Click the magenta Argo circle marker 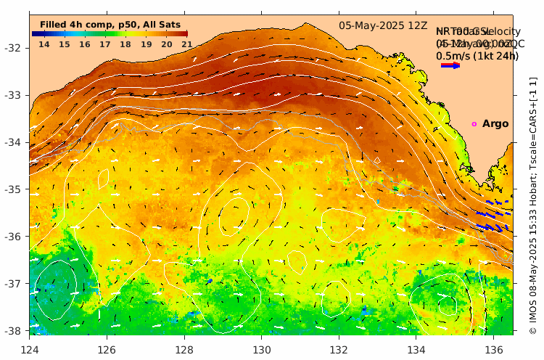point(474,124)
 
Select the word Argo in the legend point(495,124)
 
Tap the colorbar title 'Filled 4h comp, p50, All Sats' point(110,25)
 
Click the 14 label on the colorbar point(44,45)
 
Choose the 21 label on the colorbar point(187,45)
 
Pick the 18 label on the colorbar point(125,45)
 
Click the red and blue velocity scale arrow point(450,65)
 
